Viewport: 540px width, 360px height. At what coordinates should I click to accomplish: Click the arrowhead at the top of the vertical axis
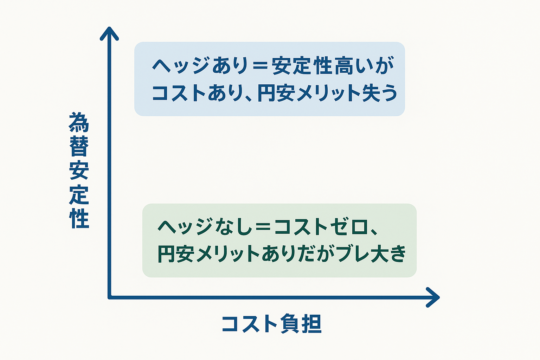coord(109,33)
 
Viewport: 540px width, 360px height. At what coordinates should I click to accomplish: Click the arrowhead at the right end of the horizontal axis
coord(433,297)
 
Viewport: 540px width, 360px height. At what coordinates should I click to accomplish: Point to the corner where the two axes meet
coord(110,297)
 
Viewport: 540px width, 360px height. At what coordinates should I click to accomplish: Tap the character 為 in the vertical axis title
coord(79,122)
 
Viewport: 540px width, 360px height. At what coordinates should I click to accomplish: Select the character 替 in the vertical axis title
coord(79,146)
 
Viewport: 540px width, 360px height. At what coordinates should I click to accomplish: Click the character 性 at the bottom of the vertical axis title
coord(79,218)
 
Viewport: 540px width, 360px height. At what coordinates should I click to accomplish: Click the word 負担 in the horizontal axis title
coord(301,324)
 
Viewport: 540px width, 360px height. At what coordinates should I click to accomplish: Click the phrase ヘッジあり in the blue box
coord(200,65)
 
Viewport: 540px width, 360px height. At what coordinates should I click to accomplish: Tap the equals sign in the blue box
coord(260,66)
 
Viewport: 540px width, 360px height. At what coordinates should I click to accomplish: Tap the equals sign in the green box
coord(263,227)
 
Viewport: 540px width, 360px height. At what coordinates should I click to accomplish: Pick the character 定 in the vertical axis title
coord(79,194)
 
